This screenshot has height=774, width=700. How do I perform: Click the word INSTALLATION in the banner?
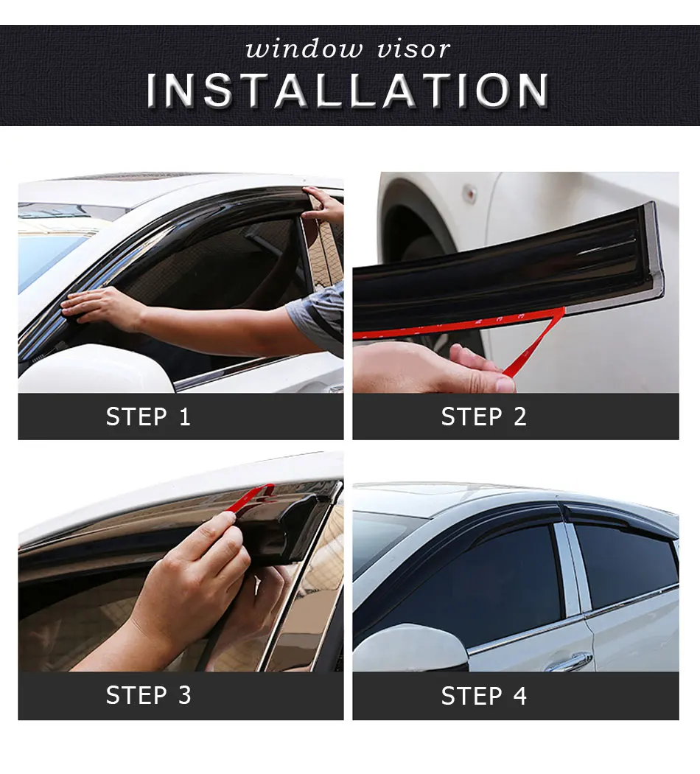coord(347,90)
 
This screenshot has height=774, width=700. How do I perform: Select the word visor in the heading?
coord(413,49)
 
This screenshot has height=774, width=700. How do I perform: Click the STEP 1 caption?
coord(148,416)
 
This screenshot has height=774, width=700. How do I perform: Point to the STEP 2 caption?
coord(483,416)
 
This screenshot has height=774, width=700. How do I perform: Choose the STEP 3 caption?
coord(148,695)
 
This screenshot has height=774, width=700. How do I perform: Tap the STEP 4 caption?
coord(483,696)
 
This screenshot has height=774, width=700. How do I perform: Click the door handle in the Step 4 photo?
coord(570,661)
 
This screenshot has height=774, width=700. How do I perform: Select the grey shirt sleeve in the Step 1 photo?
coord(318,316)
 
